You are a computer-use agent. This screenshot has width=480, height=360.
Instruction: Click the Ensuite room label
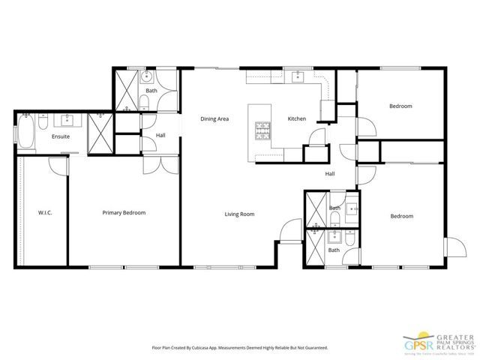pos(61,136)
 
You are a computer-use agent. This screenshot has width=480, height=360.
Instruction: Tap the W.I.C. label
pos(44,213)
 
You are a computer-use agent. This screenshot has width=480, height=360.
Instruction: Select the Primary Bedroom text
pos(124,213)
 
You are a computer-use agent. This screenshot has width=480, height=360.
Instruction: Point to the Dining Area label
pos(214,118)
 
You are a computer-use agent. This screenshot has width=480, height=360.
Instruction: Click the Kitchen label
pos(297,118)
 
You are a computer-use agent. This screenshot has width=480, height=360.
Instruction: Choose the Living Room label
pos(240,214)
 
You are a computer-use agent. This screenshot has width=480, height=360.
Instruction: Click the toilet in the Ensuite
pos(43,121)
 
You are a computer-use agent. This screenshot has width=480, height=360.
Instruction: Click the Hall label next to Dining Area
pos(160,136)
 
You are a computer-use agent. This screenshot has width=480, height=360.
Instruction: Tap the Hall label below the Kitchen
pos(329,174)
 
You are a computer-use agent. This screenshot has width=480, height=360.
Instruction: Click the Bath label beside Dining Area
pos(151,91)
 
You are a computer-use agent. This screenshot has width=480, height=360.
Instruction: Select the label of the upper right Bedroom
pos(400,106)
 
